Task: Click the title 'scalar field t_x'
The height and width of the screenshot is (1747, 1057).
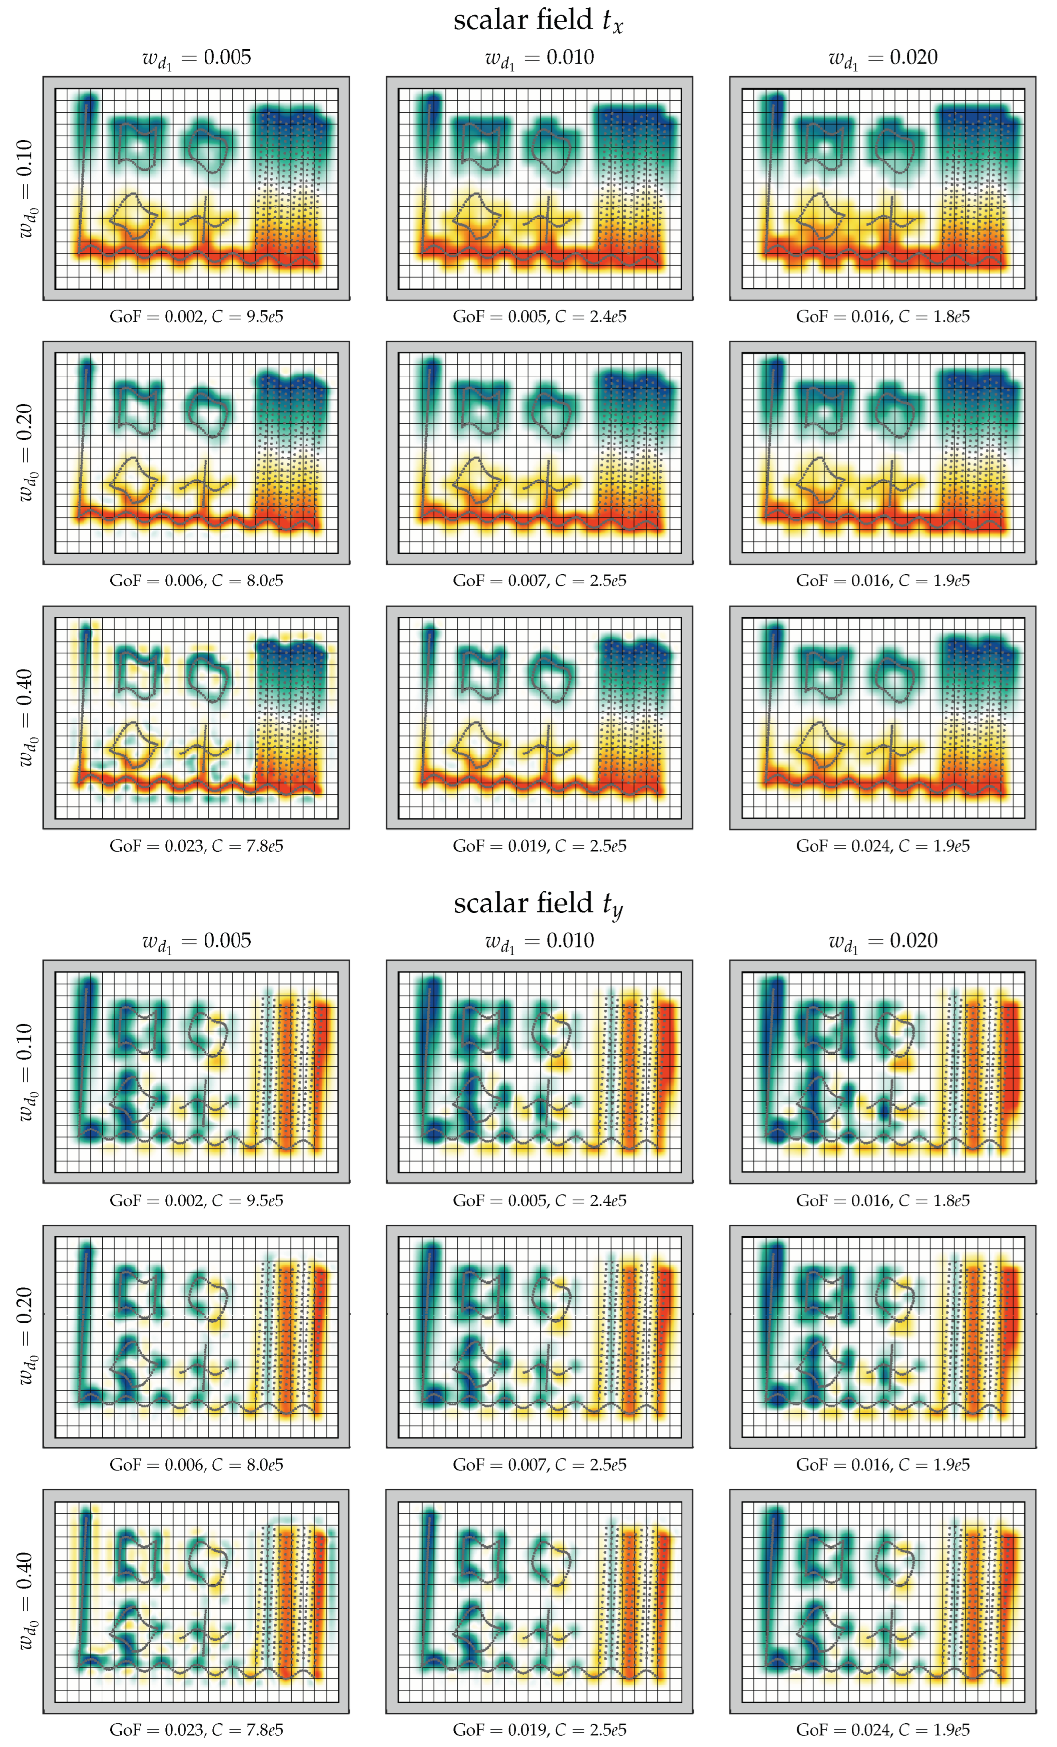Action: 538,20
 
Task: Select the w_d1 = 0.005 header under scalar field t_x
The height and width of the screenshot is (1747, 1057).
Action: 197,58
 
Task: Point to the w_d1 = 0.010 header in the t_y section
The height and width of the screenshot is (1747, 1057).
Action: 540,941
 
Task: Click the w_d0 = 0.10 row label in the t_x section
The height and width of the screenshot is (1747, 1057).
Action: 25,188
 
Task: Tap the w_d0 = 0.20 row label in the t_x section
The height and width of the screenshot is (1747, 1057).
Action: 25,452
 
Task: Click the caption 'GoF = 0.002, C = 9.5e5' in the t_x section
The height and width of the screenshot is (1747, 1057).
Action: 197,317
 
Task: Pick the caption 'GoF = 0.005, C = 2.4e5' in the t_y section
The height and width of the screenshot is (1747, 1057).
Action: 540,1200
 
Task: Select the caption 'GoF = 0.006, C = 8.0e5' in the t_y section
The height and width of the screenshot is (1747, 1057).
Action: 197,1465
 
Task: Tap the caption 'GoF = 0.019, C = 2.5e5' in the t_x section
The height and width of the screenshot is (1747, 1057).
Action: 540,846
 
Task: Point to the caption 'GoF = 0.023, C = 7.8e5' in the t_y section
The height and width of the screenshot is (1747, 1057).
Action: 197,1730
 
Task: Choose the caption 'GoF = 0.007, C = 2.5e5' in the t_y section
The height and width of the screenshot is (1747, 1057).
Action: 540,1465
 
